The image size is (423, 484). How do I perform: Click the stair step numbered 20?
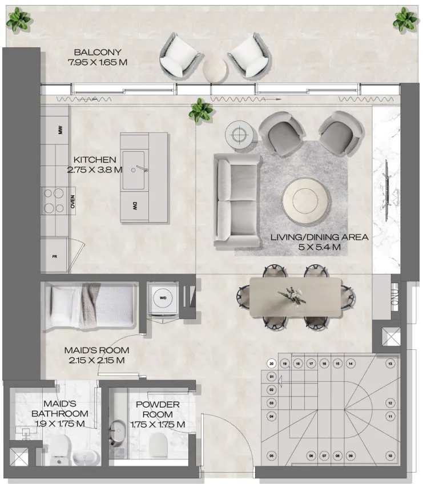tap(272, 364)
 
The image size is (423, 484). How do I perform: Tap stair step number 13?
tap(390, 364)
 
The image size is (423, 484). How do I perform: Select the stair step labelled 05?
tap(272, 455)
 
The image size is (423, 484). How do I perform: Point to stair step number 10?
tap(390, 455)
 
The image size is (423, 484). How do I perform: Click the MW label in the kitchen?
tap(58, 130)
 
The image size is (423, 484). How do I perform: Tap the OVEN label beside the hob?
tap(72, 201)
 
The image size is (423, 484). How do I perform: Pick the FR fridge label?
tap(55, 256)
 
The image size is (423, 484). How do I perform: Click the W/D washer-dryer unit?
tap(163, 298)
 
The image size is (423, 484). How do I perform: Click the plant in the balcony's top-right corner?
tap(405, 19)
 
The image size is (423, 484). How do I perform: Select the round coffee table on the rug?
tap(307, 201)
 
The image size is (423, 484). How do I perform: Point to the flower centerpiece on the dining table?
tap(292, 296)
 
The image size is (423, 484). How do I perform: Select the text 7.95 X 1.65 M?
tap(97, 62)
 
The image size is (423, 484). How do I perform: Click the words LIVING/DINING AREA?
tap(319, 237)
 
